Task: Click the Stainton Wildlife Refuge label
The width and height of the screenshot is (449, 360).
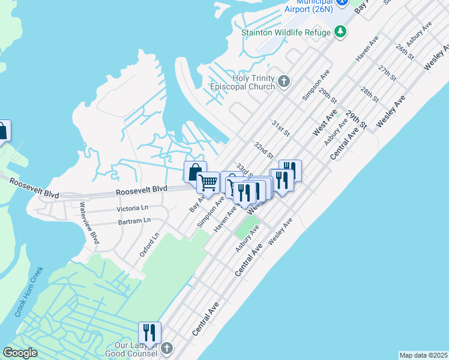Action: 286,32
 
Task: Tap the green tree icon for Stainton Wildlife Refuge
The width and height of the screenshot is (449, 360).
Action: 340,31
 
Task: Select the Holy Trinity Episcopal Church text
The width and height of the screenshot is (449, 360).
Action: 253,82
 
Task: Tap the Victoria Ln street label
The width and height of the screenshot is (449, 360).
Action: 132,208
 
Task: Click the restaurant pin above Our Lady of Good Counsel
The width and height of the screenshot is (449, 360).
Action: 149,333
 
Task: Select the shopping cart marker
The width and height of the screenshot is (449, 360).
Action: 208,182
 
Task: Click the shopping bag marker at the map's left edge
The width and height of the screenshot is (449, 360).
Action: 2,130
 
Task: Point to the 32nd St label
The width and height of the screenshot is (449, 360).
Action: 264,149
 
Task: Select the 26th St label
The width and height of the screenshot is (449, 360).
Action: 405,51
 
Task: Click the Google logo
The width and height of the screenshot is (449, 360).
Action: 20,353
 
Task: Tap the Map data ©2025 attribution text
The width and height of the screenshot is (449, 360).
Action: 424,355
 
